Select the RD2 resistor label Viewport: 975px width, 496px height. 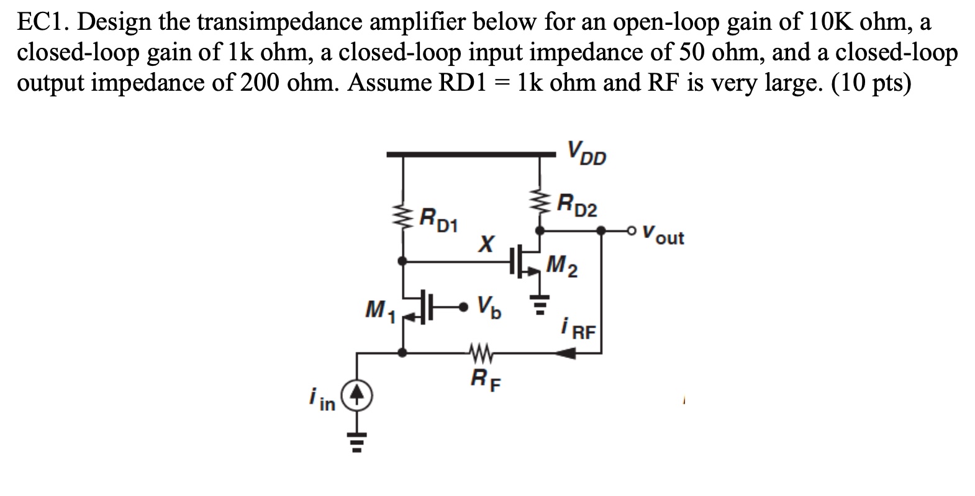coord(577,204)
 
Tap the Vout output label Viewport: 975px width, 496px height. coord(663,237)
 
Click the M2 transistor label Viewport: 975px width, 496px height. coord(562,267)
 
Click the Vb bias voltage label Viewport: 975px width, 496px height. coord(490,306)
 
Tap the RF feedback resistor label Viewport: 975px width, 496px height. coord(481,377)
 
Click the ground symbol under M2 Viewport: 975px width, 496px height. coord(539,305)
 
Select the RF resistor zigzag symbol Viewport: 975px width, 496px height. coord(479,354)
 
